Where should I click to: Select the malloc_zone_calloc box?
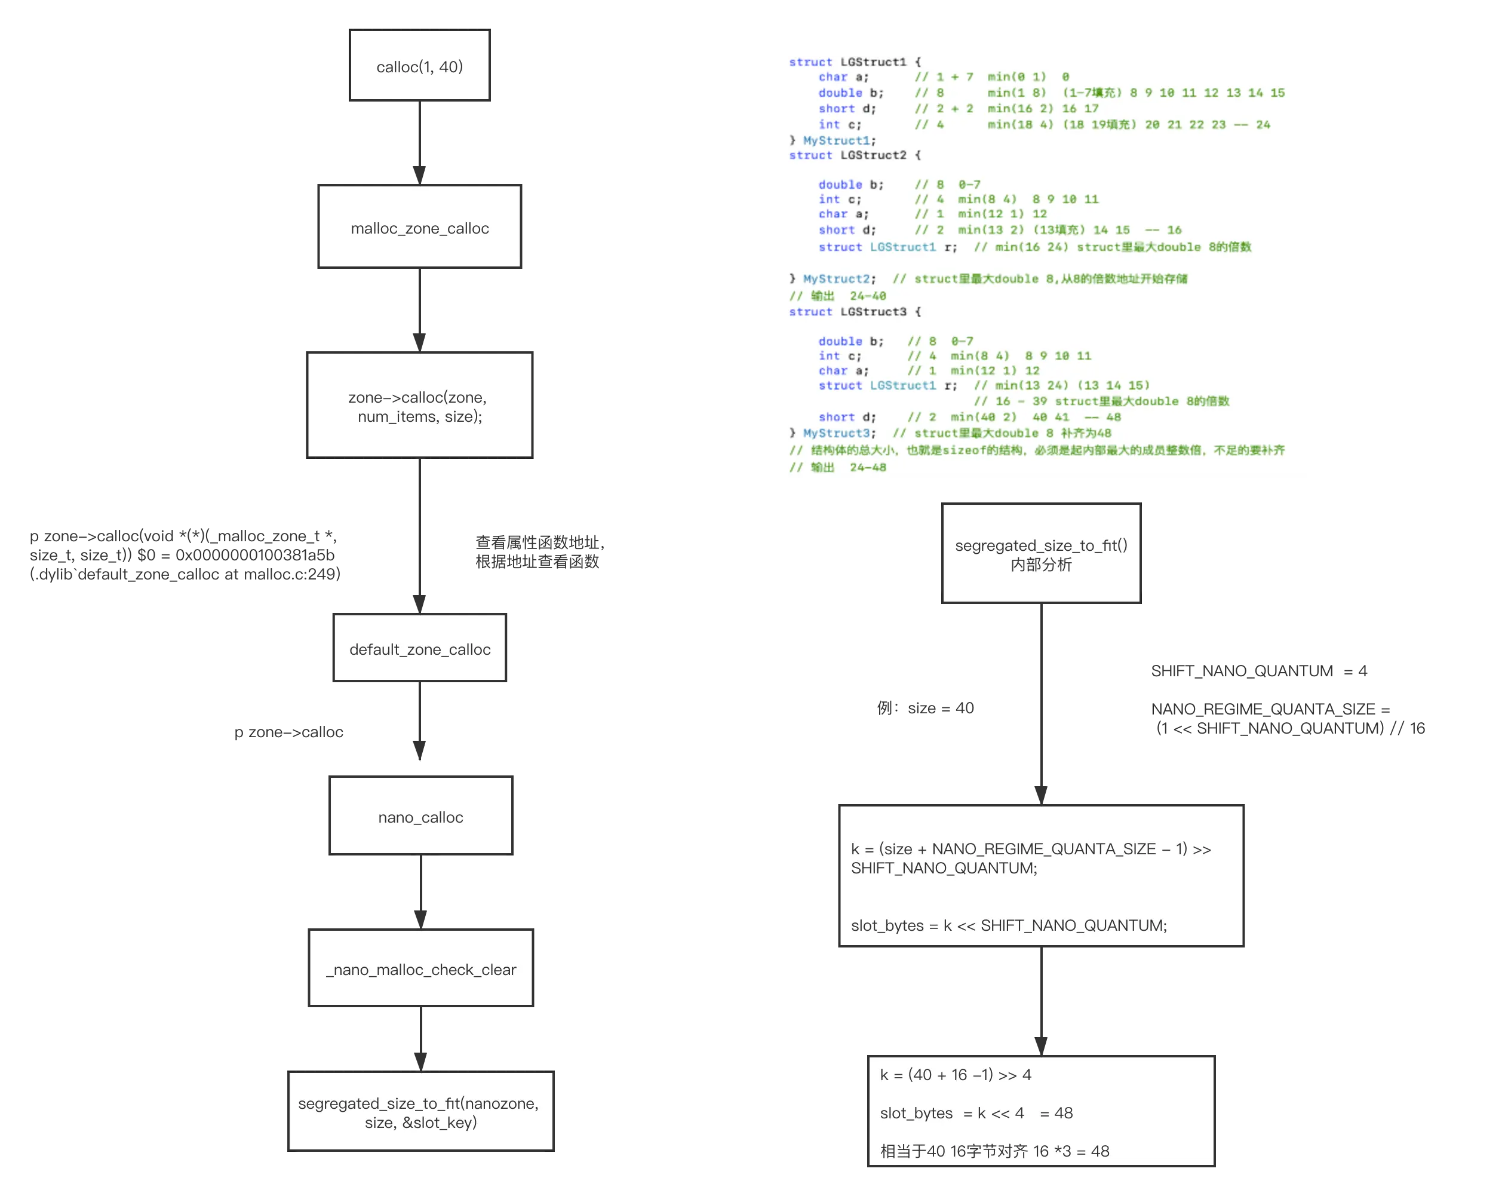(419, 228)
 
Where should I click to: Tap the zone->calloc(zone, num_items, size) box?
(419, 405)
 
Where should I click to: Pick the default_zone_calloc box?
(419, 649)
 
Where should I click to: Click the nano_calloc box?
(420, 816)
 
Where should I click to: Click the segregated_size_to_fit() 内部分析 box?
(1041, 554)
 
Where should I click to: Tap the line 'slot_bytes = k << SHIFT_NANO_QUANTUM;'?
(1009, 925)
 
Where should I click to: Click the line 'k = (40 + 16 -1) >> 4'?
(955, 1075)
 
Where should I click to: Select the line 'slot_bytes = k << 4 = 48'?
(976, 1113)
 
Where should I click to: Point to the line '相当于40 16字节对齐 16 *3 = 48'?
(994, 1151)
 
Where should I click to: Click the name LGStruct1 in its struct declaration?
(873, 62)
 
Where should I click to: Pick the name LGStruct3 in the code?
(873, 311)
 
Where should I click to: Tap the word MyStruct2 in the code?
(836, 278)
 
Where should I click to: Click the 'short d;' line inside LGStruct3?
(847, 417)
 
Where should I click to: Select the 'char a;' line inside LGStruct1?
(843, 77)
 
